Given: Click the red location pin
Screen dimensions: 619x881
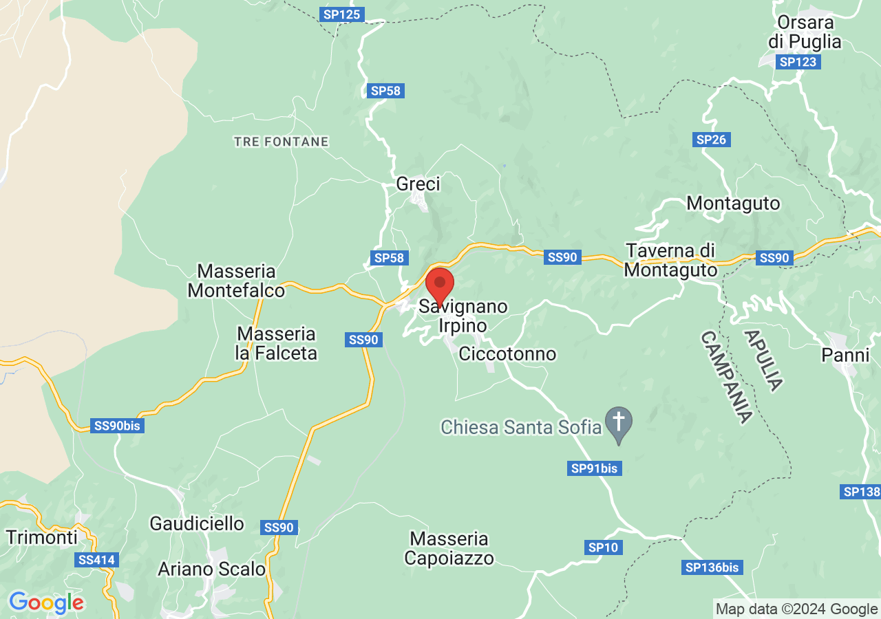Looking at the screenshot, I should (x=440, y=283).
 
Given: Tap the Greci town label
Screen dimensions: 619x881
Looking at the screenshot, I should (x=418, y=184).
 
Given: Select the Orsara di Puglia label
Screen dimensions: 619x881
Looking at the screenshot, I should (x=805, y=32).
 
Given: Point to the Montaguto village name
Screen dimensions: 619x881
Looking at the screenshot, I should (x=733, y=204).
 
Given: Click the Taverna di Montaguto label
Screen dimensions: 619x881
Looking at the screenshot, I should (x=670, y=260).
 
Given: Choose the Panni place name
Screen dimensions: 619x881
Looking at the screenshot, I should (x=846, y=355).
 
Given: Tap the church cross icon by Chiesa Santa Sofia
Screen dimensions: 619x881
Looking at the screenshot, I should (x=618, y=420).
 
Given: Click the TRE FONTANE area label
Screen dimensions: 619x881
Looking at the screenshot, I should (x=281, y=142).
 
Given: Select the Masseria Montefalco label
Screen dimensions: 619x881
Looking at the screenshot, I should (x=236, y=281).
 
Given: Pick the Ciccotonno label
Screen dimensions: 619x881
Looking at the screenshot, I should (x=507, y=354).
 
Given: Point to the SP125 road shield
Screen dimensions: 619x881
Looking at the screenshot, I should (x=342, y=14).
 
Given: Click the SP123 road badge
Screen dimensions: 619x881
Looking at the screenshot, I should (x=798, y=62).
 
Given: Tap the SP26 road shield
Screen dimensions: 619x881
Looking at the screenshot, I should (x=711, y=140).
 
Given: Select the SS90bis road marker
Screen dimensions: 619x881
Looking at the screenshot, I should (x=117, y=426).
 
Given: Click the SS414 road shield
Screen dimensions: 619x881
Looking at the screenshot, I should (x=96, y=560).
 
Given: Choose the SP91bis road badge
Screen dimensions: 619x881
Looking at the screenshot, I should (x=595, y=468).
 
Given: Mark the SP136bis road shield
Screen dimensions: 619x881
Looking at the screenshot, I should (x=712, y=567).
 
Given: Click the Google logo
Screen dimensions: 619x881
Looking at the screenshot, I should (x=46, y=603).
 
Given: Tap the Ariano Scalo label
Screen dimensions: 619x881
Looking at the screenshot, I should (x=211, y=569).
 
